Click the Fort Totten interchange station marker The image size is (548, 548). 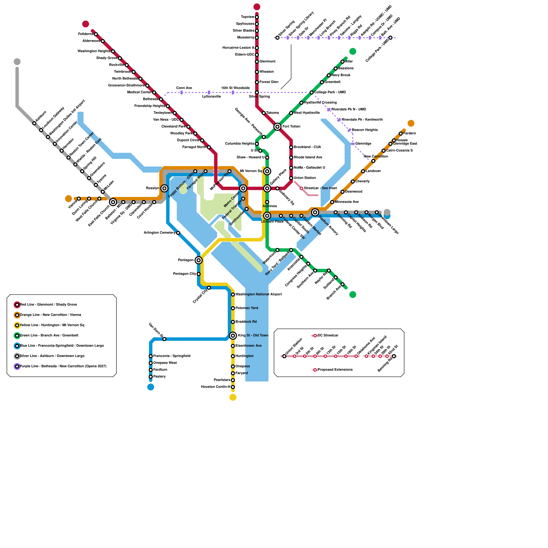277,127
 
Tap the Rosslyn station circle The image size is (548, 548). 164,188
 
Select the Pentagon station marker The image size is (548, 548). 199,260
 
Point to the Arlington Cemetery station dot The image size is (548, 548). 178,233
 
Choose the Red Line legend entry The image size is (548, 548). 48,305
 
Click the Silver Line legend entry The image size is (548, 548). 52,356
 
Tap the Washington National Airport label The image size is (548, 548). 259,294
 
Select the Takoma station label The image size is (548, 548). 273,113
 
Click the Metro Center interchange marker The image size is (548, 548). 243,188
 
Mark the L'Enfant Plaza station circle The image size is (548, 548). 267,216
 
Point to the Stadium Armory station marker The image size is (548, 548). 315,212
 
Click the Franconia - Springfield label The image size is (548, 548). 172,356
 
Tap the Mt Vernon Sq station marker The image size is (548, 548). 267,171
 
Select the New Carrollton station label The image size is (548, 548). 376,157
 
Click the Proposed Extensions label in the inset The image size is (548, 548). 335,370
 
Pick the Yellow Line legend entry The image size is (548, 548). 52,325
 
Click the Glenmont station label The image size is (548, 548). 267,62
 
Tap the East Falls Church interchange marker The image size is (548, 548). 113,202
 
